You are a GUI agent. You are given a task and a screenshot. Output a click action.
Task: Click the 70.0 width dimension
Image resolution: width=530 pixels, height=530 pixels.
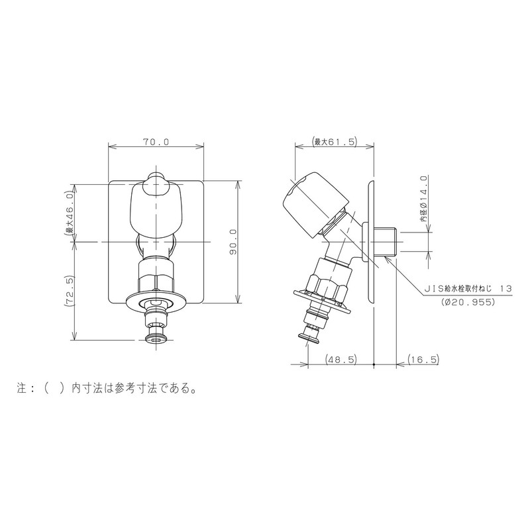(x=156, y=142)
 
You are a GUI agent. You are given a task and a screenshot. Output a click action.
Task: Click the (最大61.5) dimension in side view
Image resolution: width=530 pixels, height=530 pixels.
(x=335, y=142)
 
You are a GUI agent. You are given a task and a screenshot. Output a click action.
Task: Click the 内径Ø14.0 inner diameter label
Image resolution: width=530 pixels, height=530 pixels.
(x=423, y=199)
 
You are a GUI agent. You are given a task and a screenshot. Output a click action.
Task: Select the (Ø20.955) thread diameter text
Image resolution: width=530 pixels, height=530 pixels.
(x=468, y=302)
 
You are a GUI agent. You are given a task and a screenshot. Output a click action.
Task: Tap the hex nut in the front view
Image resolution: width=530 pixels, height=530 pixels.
(x=156, y=274)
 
